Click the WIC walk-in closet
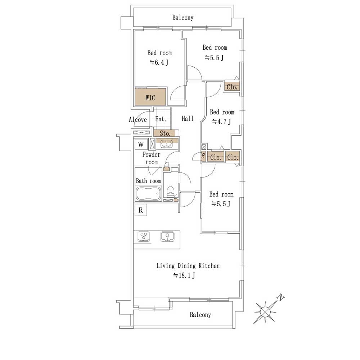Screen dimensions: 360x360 click(150, 96)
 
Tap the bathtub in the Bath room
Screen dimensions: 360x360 click(148, 194)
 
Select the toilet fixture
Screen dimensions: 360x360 click(170, 192)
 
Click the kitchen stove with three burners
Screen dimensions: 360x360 click(144, 237)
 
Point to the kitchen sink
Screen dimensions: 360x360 click(167, 237)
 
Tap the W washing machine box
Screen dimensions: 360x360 click(141, 144)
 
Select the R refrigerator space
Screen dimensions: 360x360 click(140, 210)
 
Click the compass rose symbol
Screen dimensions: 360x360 click(265, 312)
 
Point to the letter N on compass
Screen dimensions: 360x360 click(281, 298)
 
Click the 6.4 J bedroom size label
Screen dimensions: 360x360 click(159, 62)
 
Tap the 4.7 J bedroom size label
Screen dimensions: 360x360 click(221, 121)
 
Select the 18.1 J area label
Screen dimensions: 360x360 click(184, 275)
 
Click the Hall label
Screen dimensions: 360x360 click(188, 118)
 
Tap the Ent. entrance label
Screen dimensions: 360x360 click(161, 119)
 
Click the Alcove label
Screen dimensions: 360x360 click(138, 120)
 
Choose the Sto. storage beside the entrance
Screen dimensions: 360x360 click(165, 133)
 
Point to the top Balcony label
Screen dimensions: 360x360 click(183, 17)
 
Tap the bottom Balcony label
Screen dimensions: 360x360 click(200, 315)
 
